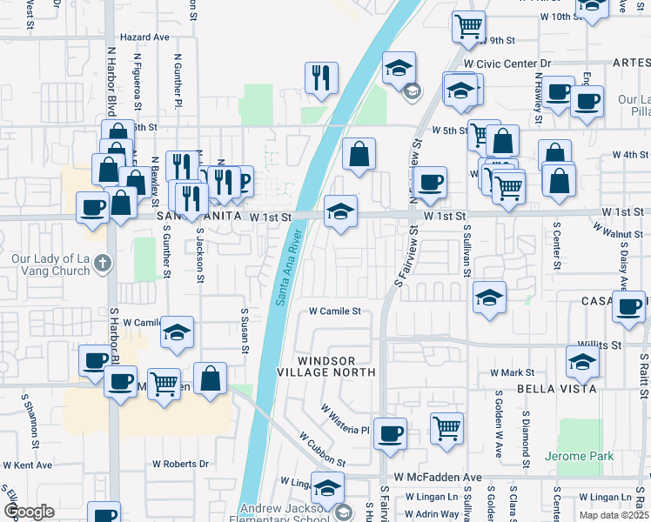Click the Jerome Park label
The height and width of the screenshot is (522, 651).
click(579, 456)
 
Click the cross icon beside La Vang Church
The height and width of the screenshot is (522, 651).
click(103, 262)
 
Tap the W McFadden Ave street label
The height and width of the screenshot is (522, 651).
click(437, 478)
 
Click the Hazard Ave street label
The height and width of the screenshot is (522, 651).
click(144, 37)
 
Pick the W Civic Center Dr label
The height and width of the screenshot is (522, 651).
click(507, 64)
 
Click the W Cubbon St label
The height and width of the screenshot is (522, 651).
click(322, 449)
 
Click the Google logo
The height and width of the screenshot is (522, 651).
click(29, 512)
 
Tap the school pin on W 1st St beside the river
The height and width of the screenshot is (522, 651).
click(340, 211)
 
